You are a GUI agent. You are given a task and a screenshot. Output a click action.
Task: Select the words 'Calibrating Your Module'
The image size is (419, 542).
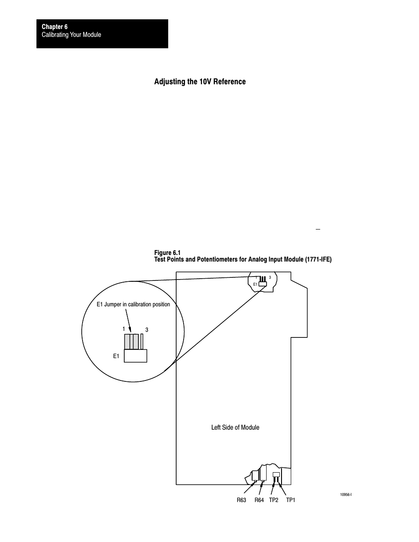click(x=71, y=35)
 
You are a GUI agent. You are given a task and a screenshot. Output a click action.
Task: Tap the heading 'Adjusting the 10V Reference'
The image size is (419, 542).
click(x=200, y=82)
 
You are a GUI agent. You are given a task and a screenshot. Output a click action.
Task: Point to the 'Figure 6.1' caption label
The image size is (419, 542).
click(x=167, y=252)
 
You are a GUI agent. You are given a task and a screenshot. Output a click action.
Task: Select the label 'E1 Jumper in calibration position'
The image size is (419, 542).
click(x=133, y=304)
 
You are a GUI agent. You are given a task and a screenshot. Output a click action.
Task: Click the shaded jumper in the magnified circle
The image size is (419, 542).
click(x=131, y=341)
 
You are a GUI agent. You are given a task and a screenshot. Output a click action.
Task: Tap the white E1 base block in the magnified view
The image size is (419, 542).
click(x=135, y=355)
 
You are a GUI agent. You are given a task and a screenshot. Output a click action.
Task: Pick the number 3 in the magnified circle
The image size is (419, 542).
click(x=147, y=330)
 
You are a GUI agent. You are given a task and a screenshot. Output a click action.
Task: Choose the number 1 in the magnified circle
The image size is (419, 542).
click(x=124, y=329)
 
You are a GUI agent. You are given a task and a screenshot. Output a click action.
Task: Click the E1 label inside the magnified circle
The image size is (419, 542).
click(x=116, y=356)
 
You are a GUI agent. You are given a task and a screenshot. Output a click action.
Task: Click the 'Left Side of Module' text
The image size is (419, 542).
click(x=235, y=427)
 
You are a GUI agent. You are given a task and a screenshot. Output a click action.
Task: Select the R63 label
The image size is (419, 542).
click(x=241, y=500)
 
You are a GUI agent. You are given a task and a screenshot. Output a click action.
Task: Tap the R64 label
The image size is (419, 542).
click(x=259, y=500)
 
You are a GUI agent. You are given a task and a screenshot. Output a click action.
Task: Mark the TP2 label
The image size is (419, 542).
click(x=274, y=500)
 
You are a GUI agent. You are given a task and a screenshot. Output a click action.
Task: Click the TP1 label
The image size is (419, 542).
click(x=290, y=500)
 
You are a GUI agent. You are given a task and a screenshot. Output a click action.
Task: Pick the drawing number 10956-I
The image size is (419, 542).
click(x=346, y=495)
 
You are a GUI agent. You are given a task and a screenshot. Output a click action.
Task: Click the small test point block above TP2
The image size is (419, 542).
click(x=276, y=474)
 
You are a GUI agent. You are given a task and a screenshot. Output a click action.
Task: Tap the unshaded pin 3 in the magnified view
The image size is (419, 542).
click(x=142, y=341)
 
